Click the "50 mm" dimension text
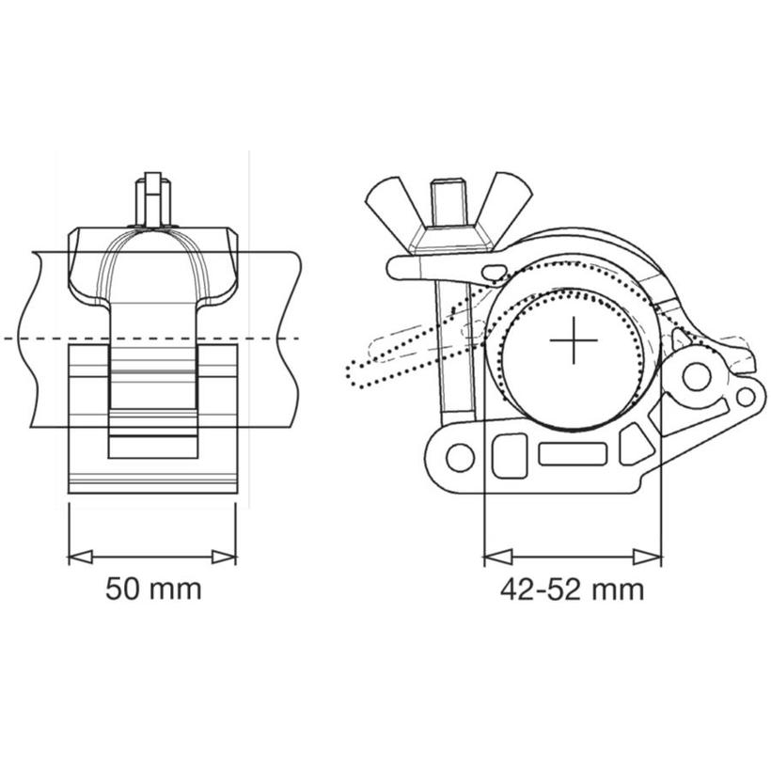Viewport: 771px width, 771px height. (x=153, y=590)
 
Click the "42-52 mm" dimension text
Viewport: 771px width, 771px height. (x=572, y=590)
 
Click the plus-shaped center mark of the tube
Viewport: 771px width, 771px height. (x=573, y=340)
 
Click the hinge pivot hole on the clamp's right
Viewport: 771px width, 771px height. (x=697, y=377)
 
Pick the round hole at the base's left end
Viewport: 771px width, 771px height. (x=460, y=457)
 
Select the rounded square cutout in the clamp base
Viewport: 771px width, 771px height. (x=509, y=454)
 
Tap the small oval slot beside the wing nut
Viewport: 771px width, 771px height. (x=495, y=273)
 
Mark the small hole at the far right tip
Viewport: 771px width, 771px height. (x=745, y=396)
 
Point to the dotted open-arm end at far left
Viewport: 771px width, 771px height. (x=355, y=371)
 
